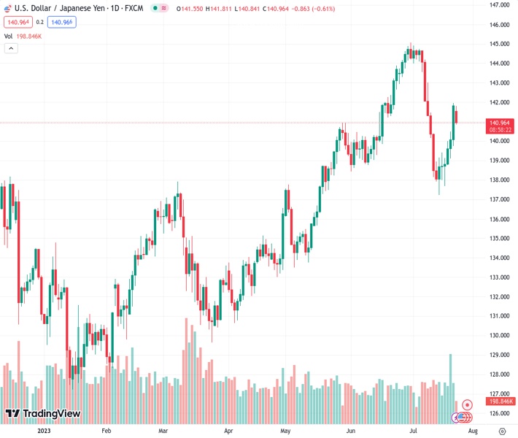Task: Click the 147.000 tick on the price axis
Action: click(500, 5)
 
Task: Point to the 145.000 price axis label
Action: click(500, 44)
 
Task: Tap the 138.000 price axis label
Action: click(500, 180)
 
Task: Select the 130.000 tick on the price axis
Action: click(500, 336)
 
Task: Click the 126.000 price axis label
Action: click(500, 413)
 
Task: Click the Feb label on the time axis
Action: click(107, 431)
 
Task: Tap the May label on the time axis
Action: click(285, 431)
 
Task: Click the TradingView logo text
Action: click(51, 414)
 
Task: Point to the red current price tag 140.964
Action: click(500, 123)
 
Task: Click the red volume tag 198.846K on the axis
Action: click(500, 401)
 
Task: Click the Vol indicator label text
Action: click(8, 35)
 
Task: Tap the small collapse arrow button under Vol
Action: click(11, 48)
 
